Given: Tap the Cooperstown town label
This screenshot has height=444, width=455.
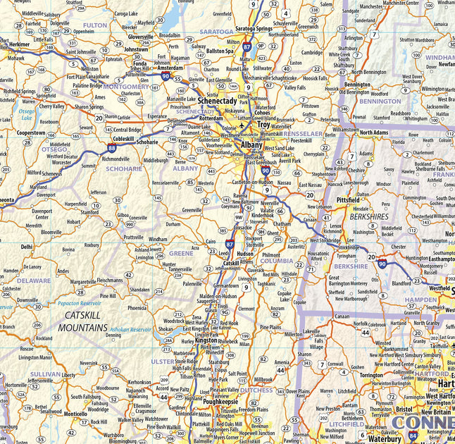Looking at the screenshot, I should pyautogui.click(x=31, y=132).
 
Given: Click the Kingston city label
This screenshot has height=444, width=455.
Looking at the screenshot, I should pyautogui.click(x=206, y=340).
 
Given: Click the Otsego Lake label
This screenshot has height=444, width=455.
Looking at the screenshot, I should pyautogui.click(x=26, y=114).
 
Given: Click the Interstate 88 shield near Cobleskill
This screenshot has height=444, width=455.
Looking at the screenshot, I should pyautogui.click(x=112, y=148).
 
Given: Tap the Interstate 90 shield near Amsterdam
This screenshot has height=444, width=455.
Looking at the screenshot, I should pyautogui.click(x=165, y=75).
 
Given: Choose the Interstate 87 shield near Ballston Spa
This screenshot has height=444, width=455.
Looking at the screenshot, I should pyautogui.click(x=247, y=47).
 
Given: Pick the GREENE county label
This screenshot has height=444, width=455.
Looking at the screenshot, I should pyautogui.click(x=181, y=252).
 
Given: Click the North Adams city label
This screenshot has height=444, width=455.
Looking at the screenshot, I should pyautogui.click(x=373, y=132).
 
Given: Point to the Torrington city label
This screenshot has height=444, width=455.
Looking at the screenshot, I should pyautogui.click(x=370, y=376).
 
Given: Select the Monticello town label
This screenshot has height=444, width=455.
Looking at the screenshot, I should pyautogui.click(x=75, y=414).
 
